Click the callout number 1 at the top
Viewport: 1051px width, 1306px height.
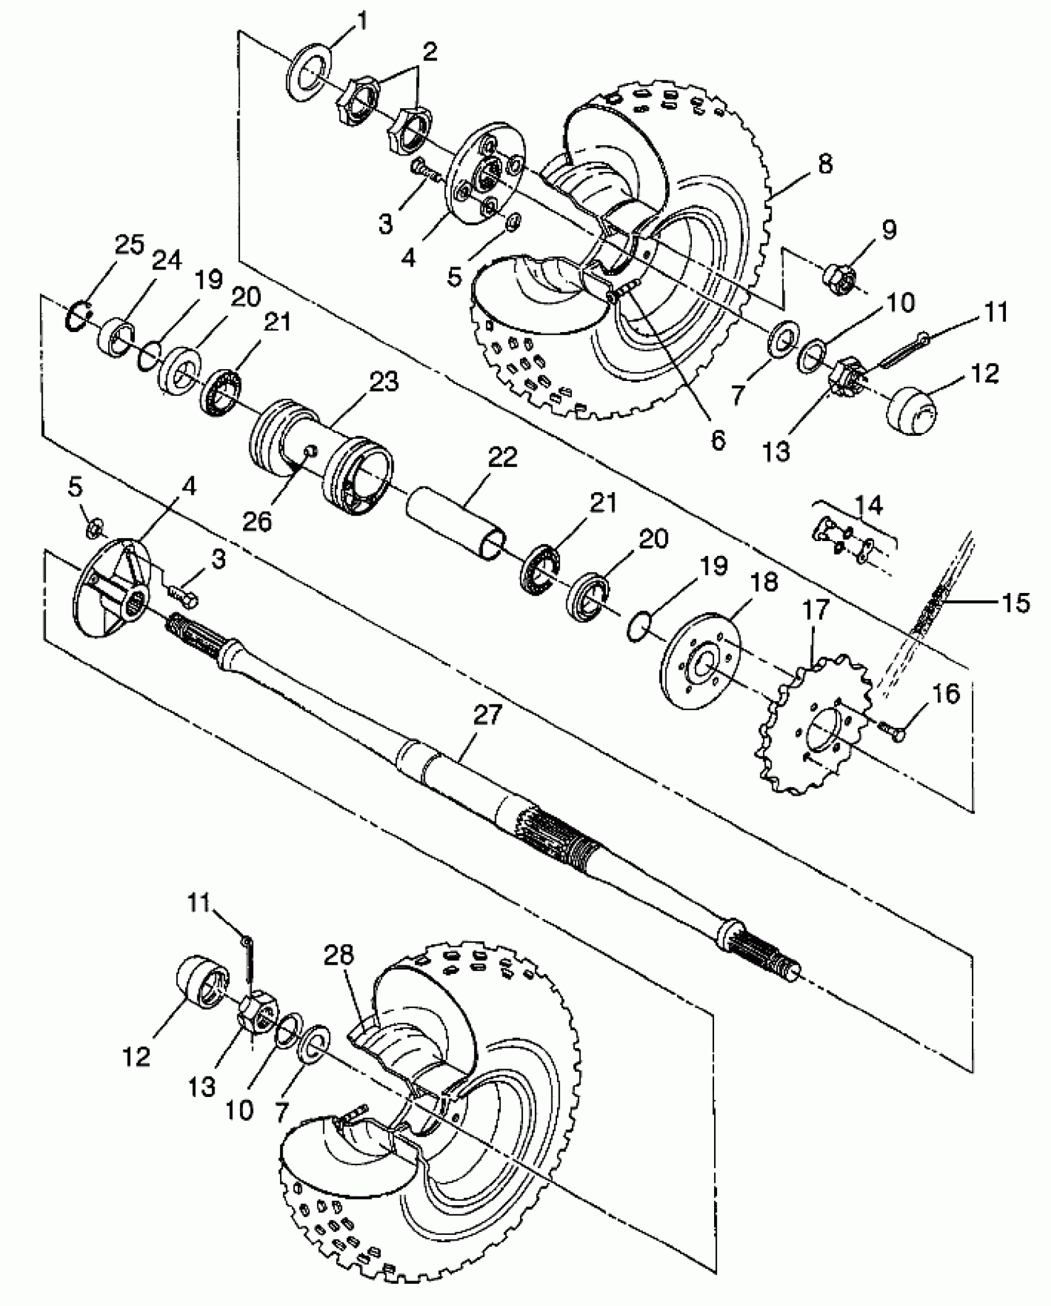pos(362,23)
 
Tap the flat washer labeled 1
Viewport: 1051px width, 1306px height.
pos(310,76)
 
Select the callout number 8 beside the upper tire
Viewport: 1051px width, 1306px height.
pos(824,164)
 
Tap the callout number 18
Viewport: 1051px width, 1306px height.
pos(764,583)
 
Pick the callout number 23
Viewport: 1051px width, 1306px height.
pos(384,383)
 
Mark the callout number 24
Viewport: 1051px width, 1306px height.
pos(166,260)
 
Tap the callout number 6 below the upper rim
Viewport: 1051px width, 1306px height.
pos(718,440)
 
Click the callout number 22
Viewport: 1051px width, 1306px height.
pos(502,458)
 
